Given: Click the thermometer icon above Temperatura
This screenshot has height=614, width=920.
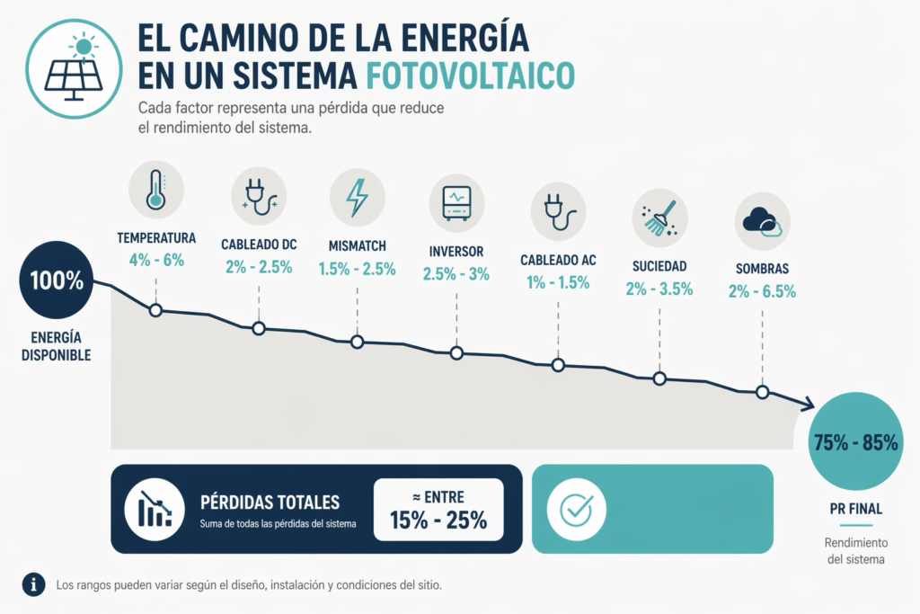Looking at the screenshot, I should tap(156, 189).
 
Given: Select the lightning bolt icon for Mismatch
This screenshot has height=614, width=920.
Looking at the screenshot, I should tap(357, 198).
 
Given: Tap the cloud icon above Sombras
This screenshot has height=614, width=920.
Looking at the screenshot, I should tap(762, 221).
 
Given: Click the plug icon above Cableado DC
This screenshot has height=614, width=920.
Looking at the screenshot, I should tap(259, 196).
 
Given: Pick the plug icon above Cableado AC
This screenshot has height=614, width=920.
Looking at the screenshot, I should tap(558, 209).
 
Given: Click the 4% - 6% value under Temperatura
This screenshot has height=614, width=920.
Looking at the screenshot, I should tap(156, 259).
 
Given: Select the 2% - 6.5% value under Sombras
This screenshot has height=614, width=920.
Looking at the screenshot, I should tap(762, 290).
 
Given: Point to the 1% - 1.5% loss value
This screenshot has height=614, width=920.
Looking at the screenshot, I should tap(558, 282).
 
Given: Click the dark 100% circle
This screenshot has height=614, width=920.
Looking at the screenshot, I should tap(57, 280).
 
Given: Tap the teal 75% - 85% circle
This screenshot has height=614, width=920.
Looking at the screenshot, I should tap(854, 442).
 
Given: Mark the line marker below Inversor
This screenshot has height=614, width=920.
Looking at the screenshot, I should tap(456, 353).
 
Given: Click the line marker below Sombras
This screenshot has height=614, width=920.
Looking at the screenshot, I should tap(762, 392).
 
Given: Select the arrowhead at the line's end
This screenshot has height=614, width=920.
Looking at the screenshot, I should tap(807, 406).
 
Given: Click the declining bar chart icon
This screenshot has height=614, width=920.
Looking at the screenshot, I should tap(155, 508).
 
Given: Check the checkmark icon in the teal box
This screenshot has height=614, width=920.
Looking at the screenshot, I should tap(574, 509).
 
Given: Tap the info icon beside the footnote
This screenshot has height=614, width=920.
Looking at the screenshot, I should tap(34, 584).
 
